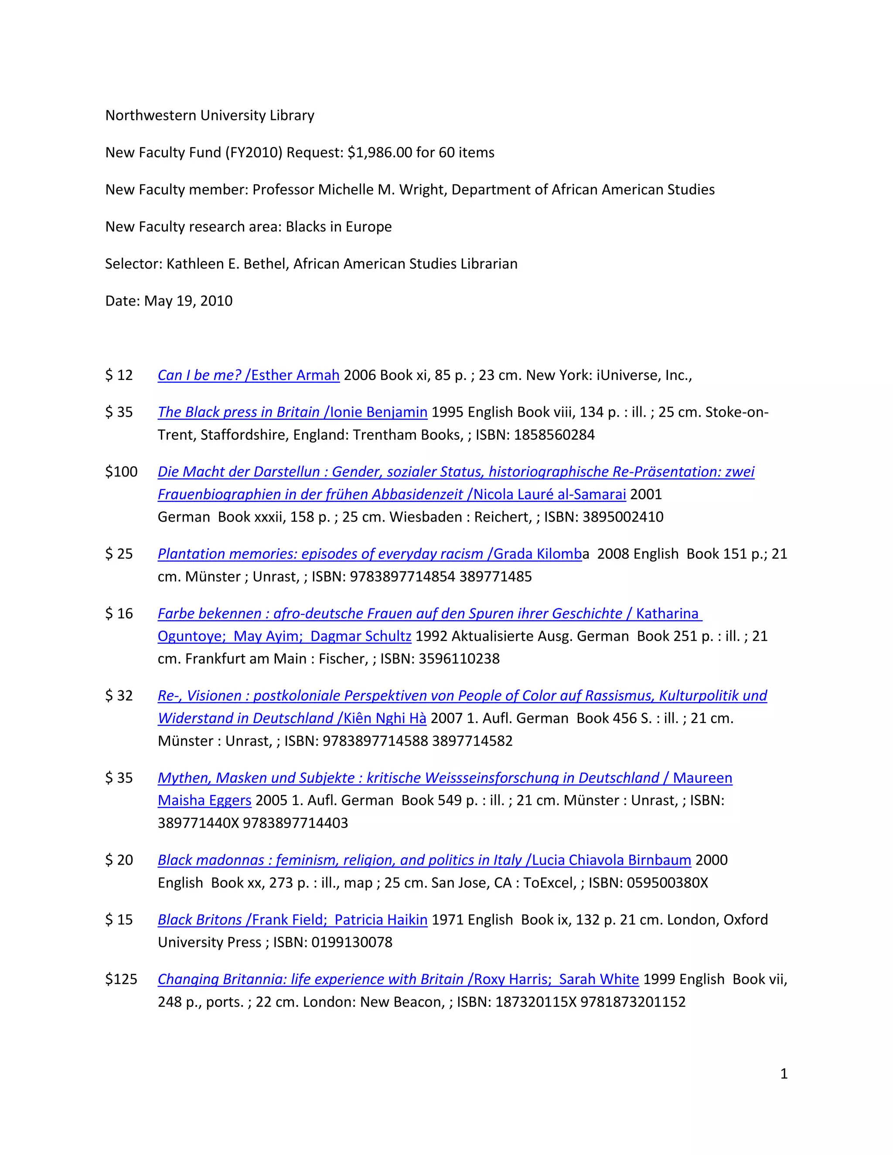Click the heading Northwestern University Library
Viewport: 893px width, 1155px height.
[209, 115]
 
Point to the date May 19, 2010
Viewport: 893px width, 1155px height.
[188, 301]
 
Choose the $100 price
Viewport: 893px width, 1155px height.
[121, 472]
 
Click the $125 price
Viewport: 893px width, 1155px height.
[121, 979]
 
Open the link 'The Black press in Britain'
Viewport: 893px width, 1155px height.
[239, 412]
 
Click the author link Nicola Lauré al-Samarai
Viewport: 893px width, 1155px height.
[550, 495]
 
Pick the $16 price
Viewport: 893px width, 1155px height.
[119, 614]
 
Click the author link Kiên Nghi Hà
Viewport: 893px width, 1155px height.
[385, 718]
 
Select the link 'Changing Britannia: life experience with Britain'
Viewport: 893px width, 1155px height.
[310, 979]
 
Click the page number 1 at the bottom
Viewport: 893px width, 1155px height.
[784, 1073]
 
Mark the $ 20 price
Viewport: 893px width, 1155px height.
[119, 860]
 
